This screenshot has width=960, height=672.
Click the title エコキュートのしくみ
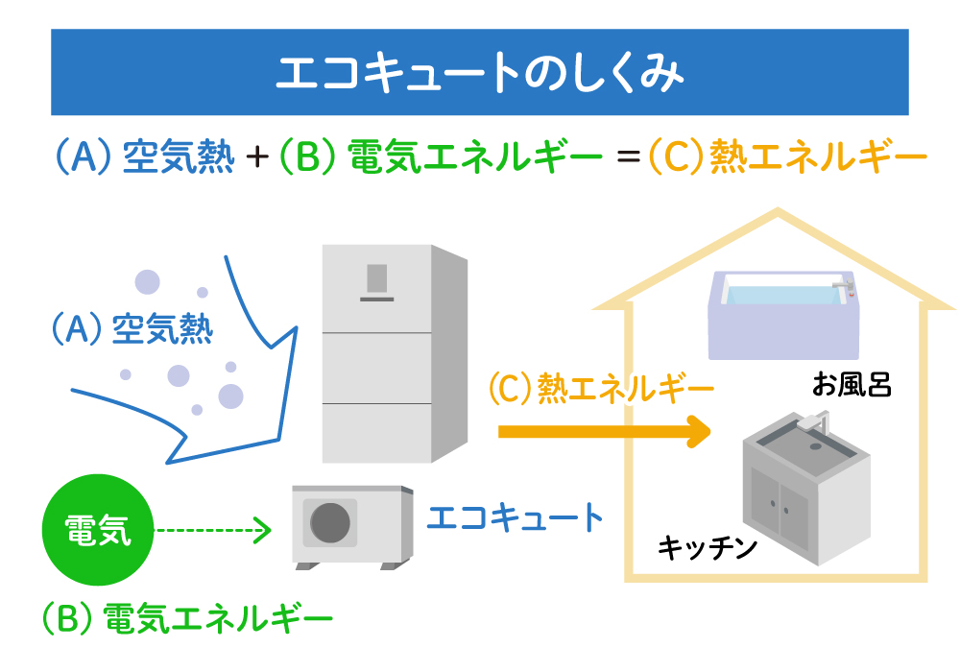(x=479, y=73)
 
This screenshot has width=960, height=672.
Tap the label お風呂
(x=852, y=386)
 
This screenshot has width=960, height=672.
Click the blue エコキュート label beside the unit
(x=515, y=518)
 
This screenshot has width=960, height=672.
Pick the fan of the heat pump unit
(x=329, y=523)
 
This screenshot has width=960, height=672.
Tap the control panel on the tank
(x=375, y=279)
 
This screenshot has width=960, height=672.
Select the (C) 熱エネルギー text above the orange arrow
(x=601, y=389)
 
